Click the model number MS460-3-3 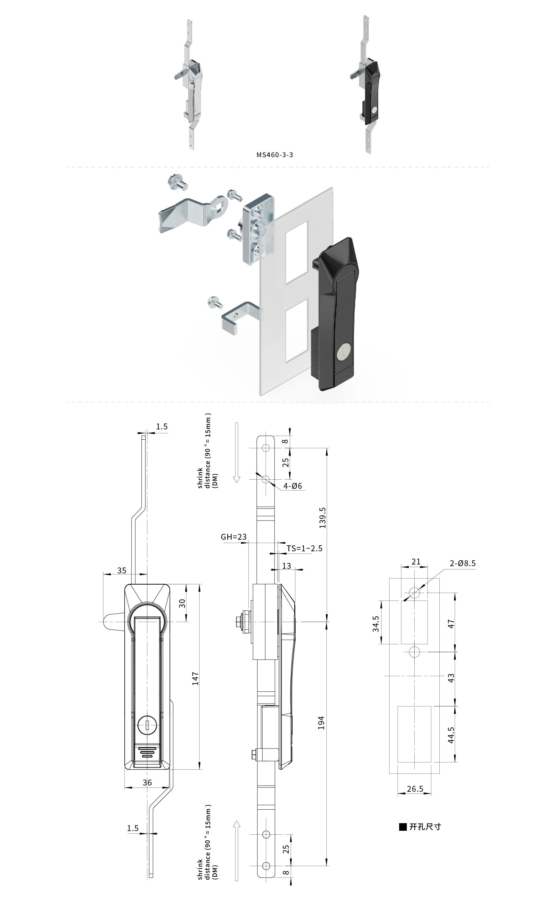tap(275, 155)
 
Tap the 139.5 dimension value tap(322, 518)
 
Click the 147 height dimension tap(196, 678)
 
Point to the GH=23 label tap(234, 537)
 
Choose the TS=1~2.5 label tap(304, 548)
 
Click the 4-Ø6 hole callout tap(293, 486)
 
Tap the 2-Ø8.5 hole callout tap(463, 563)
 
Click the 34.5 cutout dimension tap(376, 624)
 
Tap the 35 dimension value tap(122, 570)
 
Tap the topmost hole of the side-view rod tap(266, 448)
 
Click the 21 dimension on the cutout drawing tap(416, 561)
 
